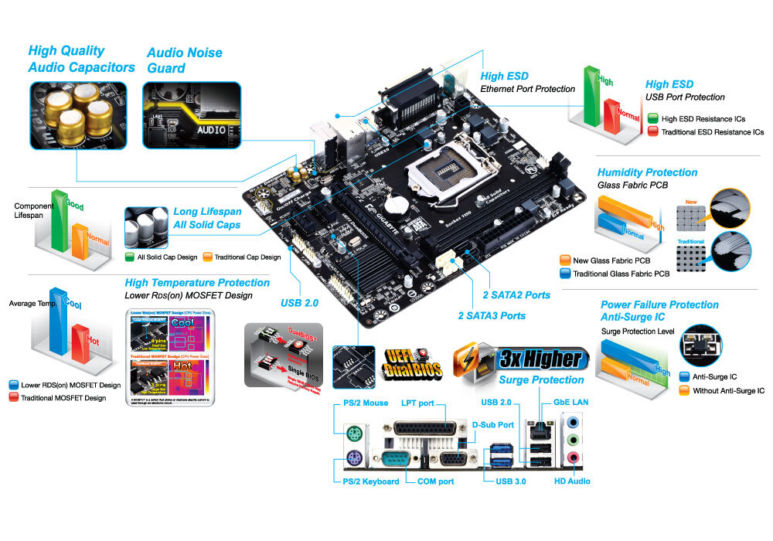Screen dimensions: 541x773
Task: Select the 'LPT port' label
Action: (x=417, y=403)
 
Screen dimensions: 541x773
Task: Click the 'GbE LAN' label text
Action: (x=571, y=403)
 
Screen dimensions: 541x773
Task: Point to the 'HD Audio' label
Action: (x=572, y=481)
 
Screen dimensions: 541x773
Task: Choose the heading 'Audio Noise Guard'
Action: (x=184, y=60)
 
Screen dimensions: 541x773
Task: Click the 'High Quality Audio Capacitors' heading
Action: (x=81, y=59)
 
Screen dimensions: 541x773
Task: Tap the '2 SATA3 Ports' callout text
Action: (x=492, y=315)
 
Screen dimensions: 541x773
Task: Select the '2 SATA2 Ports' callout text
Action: (x=517, y=295)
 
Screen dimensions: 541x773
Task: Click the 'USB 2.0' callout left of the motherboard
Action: (x=299, y=303)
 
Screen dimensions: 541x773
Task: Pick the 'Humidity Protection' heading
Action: (x=647, y=172)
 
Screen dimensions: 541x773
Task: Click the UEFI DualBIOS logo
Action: (x=414, y=362)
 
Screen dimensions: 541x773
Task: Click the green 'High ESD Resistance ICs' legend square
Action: (x=653, y=119)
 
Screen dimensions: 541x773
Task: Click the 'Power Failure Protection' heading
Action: (x=659, y=305)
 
